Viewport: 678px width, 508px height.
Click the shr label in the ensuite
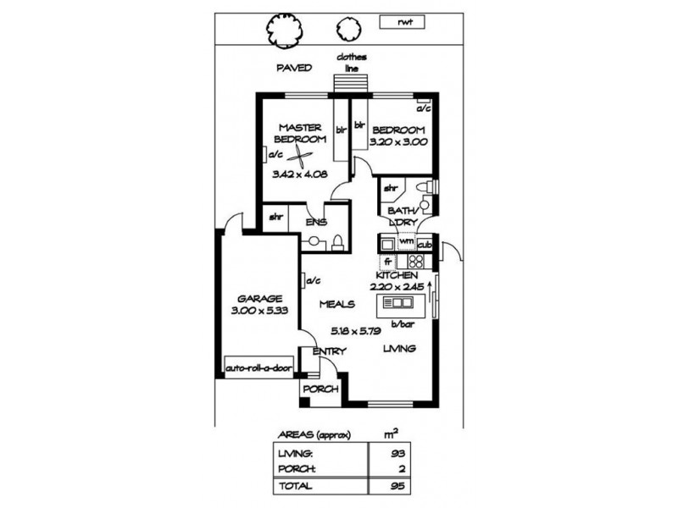[276, 218]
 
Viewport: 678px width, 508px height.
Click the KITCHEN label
[396, 277]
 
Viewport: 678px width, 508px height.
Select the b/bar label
[400, 323]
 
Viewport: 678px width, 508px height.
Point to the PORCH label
[322, 389]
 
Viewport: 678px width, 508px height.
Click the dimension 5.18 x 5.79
[348, 332]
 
